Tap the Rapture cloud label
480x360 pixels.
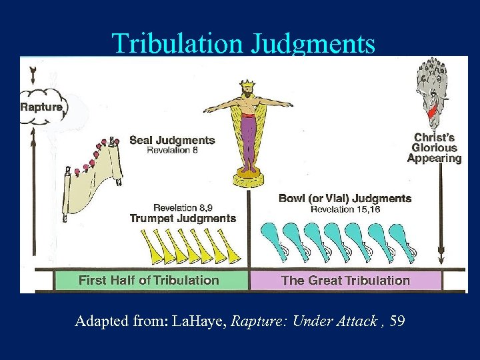(41, 107)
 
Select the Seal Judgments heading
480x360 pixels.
(172, 140)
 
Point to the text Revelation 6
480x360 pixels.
(172, 151)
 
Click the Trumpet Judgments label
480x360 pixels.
(183, 218)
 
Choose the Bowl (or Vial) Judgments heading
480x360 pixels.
(345, 198)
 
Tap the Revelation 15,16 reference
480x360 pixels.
(345, 209)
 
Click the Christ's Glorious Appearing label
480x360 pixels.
(434, 148)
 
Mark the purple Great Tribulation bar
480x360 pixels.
(345, 280)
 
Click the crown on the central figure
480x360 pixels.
(248, 87)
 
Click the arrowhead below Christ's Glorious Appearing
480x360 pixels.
(441, 257)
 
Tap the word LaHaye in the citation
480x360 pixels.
(199, 322)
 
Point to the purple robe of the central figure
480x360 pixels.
(248, 133)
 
